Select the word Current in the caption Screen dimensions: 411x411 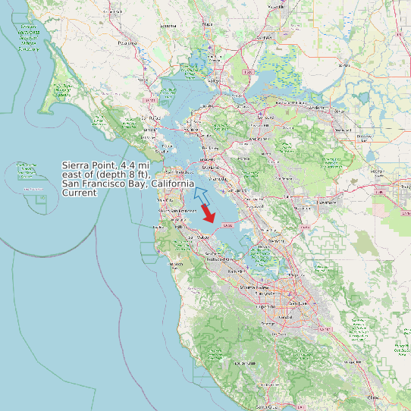(80, 193)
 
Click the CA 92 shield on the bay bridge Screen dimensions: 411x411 (227, 225)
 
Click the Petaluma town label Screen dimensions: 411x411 (126, 44)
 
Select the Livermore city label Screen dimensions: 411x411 (327, 203)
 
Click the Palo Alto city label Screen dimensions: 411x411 (235, 269)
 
